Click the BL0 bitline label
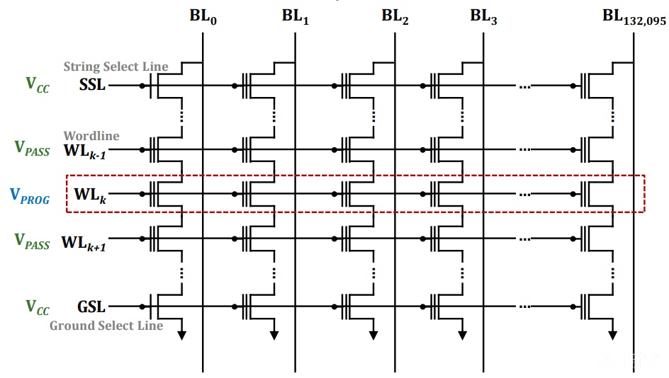tap(203, 16)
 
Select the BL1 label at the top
tap(296, 16)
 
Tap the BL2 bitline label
tap(395, 16)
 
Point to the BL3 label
tap(483, 16)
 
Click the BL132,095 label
tap(634, 17)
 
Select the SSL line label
tap(92, 84)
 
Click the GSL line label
tap(91, 307)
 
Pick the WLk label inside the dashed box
tap(90, 195)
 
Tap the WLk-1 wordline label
tap(85, 151)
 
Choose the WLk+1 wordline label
tap(84, 243)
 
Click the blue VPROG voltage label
tap(30, 196)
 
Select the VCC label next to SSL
tap(38, 84)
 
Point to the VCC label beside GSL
tap(38, 307)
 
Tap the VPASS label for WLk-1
tap(32, 149)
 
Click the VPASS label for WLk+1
tap(32, 241)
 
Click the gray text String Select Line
tap(116, 67)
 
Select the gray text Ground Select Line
tap(106, 326)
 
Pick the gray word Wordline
tap(91, 135)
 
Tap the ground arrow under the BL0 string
tap(181, 335)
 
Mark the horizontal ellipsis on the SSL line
tap(525, 86)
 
